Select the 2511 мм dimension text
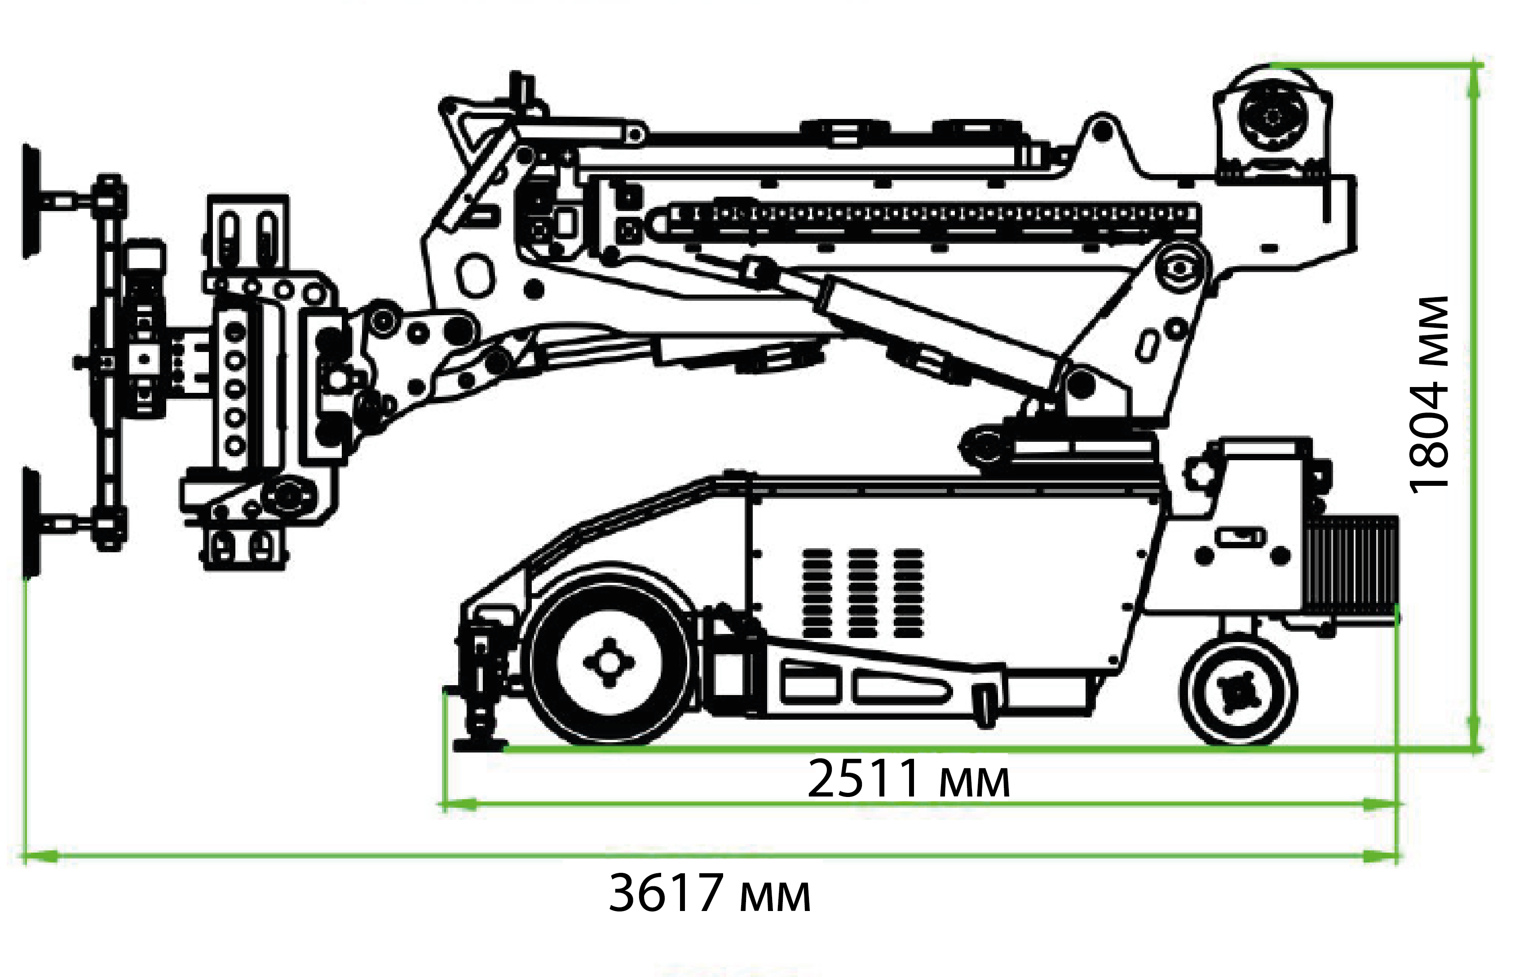(908, 779)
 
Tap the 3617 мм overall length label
(709, 893)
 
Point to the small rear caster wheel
(1238, 691)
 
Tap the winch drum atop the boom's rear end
(1272, 117)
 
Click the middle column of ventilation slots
(862, 593)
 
